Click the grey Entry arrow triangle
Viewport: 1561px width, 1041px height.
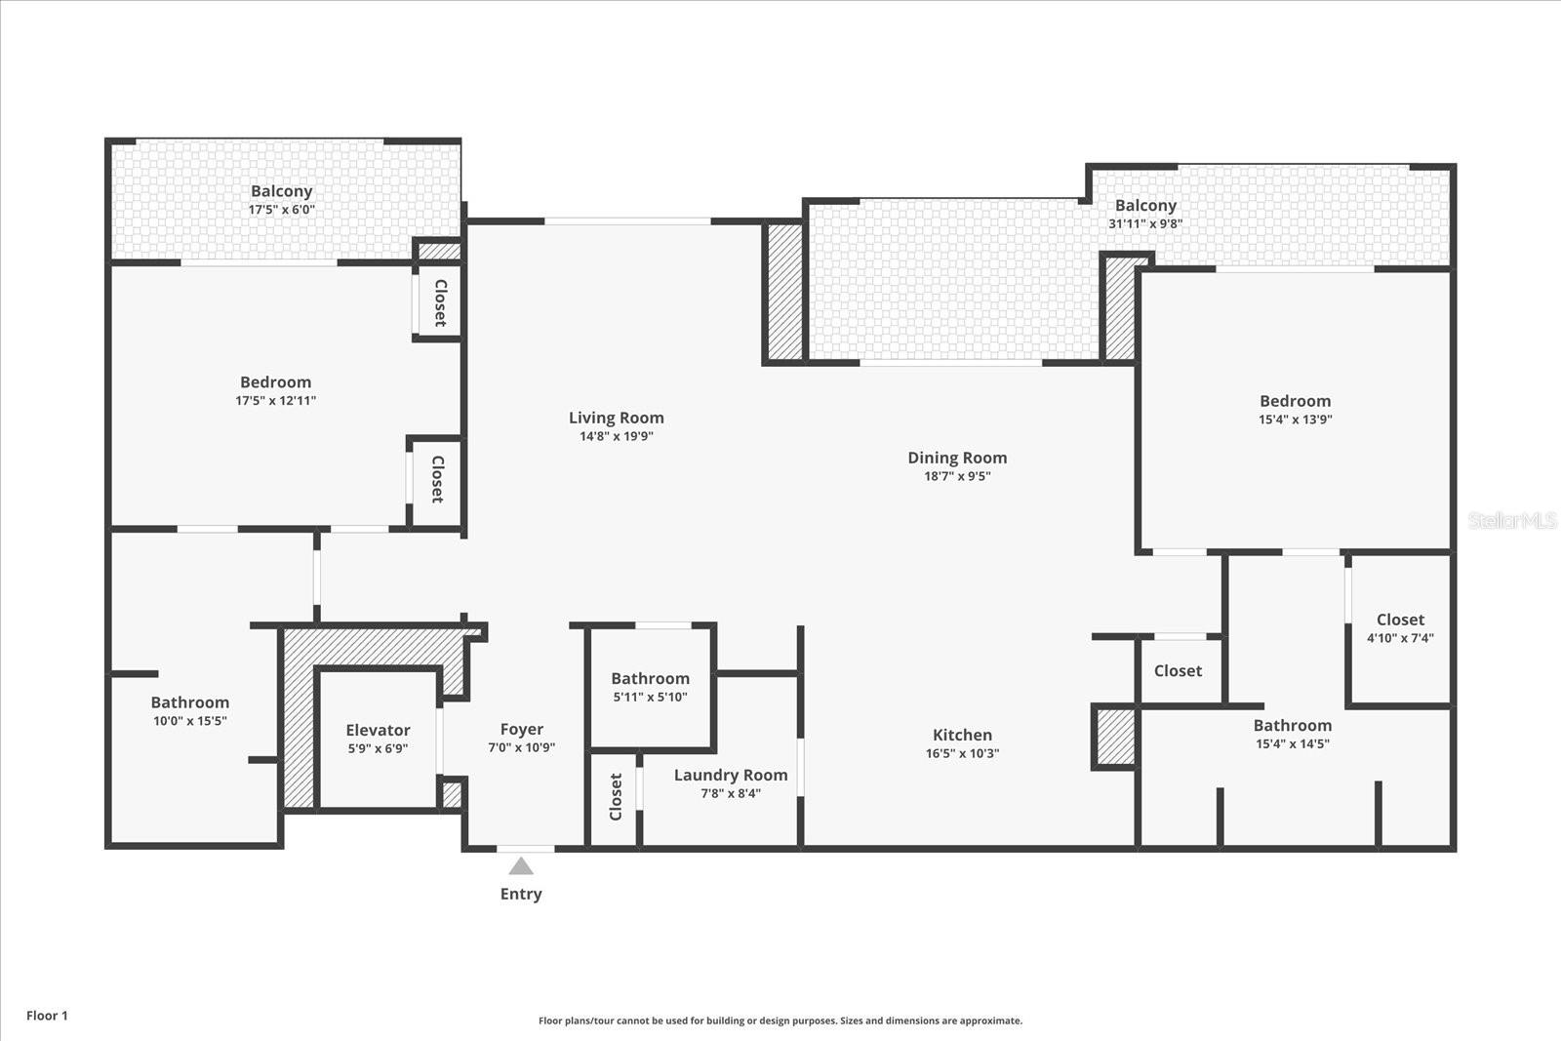(x=521, y=866)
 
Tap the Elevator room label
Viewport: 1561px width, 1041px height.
(x=378, y=730)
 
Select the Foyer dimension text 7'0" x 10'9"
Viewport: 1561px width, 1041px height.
(x=521, y=748)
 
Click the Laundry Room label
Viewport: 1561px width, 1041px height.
(x=730, y=775)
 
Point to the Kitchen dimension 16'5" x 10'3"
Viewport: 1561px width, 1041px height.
(x=962, y=753)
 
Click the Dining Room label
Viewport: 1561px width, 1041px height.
(x=957, y=458)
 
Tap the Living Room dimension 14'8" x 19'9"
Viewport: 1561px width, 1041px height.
(x=616, y=436)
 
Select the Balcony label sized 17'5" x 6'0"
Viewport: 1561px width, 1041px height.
(x=281, y=191)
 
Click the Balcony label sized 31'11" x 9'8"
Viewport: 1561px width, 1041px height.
(x=1145, y=205)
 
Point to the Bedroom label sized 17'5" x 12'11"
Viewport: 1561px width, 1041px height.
(x=275, y=381)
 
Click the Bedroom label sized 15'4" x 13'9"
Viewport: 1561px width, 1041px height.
(x=1295, y=401)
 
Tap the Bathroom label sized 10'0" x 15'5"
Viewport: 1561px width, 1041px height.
(x=190, y=702)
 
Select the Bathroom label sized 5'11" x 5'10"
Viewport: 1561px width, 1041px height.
(x=650, y=678)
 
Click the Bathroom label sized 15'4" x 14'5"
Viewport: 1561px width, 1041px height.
(x=1292, y=725)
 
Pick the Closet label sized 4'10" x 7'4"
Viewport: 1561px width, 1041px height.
(x=1400, y=620)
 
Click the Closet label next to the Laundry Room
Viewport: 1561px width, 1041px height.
(x=616, y=796)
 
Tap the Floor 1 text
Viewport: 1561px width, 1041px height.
(x=47, y=1016)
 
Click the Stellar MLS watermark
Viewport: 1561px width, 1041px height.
(x=1511, y=521)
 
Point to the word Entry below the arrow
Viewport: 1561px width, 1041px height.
(x=521, y=894)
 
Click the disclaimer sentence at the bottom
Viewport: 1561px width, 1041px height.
(x=780, y=1021)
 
